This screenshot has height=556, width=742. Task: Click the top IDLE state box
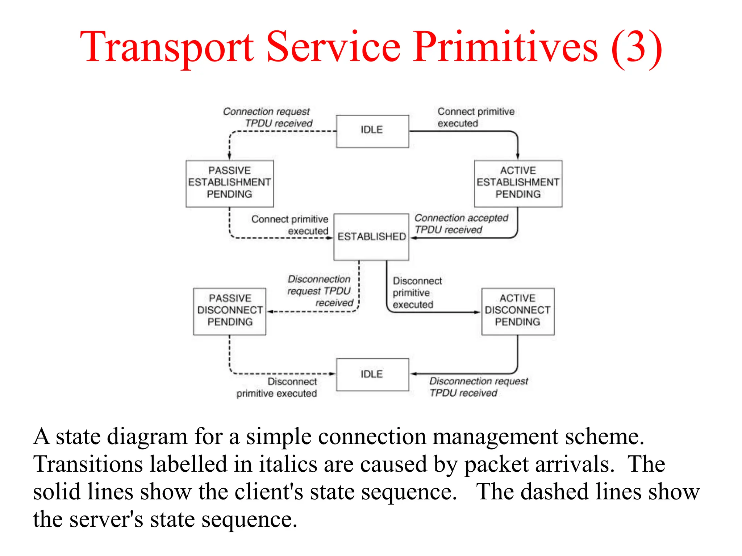[372, 131]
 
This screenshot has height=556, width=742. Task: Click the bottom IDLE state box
[372, 374]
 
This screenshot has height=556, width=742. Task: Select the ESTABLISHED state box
[371, 237]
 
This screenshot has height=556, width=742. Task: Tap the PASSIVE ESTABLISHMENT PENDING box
[229, 183]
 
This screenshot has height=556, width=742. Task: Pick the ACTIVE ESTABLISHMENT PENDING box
[518, 183]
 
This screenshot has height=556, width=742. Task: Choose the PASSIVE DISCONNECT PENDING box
[230, 311]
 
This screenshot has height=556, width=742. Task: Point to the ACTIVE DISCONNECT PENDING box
[517, 311]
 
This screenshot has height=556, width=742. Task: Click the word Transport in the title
[167, 47]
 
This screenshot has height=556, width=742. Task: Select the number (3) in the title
[637, 47]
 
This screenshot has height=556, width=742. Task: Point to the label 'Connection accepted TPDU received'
[461, 224]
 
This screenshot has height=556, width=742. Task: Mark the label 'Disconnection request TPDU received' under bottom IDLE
[478, 387]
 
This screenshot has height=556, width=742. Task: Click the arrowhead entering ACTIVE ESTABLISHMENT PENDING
[517, 156]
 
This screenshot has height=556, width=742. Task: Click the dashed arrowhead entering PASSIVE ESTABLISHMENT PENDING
[229, 156]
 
